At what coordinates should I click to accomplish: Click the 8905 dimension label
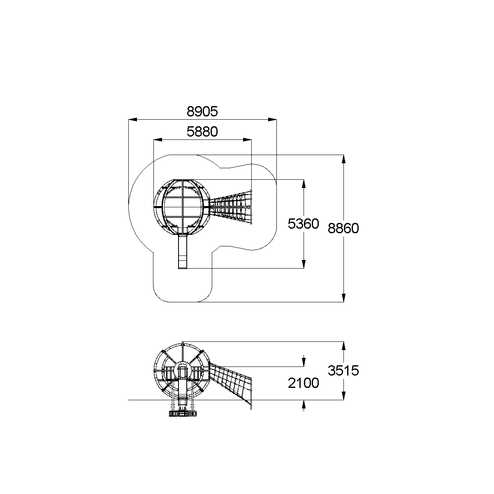pyautogui.click(x=202, y=111)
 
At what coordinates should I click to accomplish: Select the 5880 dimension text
pyautogui.click(x=202, y=132)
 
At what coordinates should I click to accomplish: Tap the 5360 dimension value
pyautogui.click(x=303, y=223)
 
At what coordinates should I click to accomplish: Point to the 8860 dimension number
pyautogui.click(x=343, y=228)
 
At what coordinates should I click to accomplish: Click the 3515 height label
pyautogui.click(x=343, y=371)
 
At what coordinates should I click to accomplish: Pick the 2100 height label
pyautogui.click(x=303, y=383)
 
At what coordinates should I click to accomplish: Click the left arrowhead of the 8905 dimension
pyautogui.click(x=132, y=119)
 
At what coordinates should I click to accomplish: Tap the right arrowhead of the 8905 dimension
pyautogui.click(x=272, y=119)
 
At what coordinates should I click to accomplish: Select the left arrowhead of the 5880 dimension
pyautogui.click(x=158, y=140)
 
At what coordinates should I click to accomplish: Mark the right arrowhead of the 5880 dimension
pyautogui.click(x=247, y=140)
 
